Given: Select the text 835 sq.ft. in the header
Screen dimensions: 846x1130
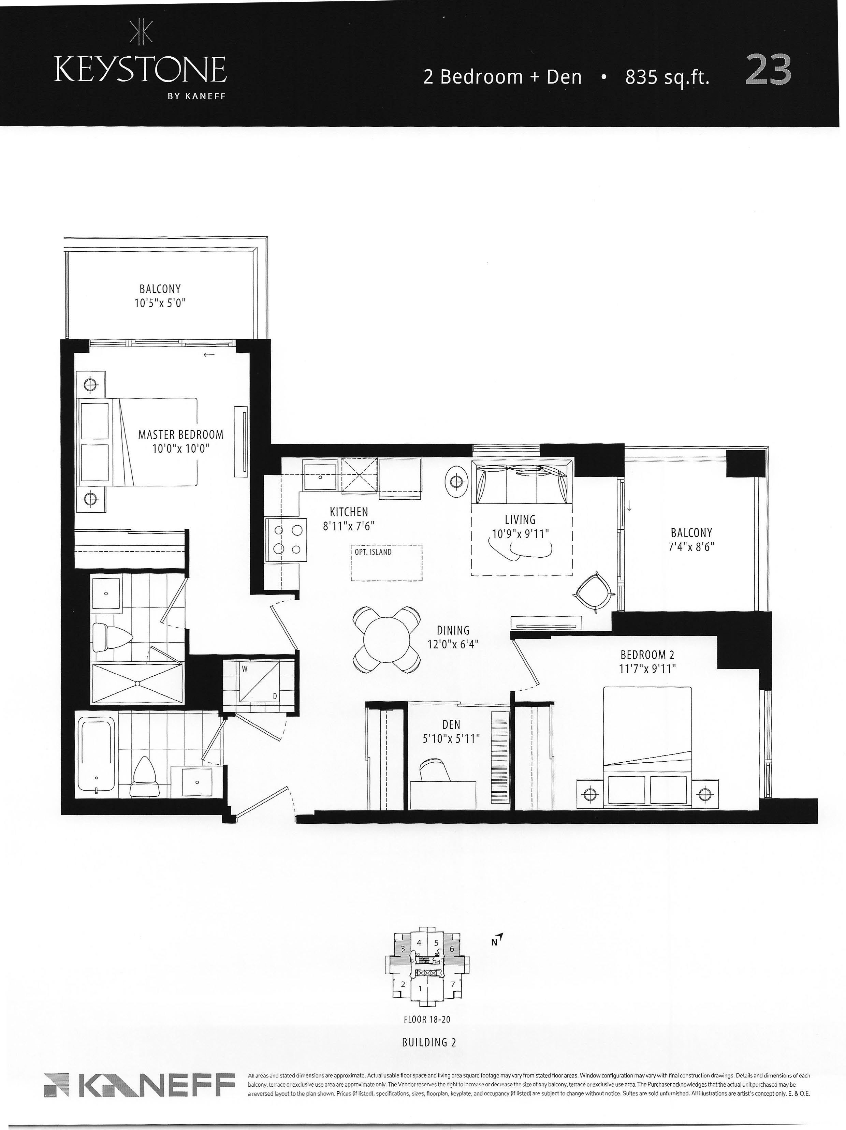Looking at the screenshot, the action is click(x=667, y=77).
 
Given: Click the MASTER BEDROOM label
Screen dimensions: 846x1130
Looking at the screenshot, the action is click(x=181, y=435).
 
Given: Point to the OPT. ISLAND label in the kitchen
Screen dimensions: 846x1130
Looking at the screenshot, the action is click(x=373, y=552).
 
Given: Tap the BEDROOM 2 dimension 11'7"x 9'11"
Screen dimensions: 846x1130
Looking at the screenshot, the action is click(x=647, y=669).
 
